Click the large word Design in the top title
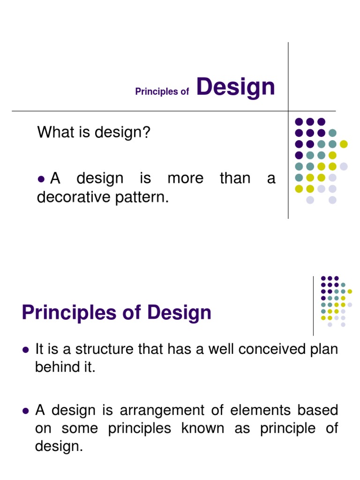tap(235, 88)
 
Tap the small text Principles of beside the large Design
tap(162, 92)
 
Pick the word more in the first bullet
tap(185, 179)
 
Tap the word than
tap(235, 179)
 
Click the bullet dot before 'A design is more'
tap(41, 179)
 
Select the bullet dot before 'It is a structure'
tap(26, 350)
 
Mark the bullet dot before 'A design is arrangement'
tap(26, 411)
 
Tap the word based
tap(320, 411)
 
